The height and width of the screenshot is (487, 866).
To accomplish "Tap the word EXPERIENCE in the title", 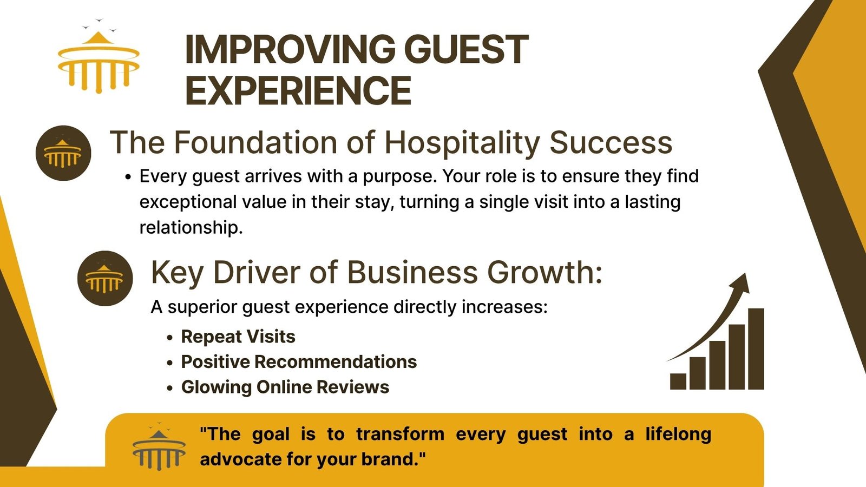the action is click(x=298, y=90).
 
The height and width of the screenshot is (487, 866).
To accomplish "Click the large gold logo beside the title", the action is click(x=99, y=56).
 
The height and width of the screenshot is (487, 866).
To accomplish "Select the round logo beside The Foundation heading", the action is click(x=63, y=153).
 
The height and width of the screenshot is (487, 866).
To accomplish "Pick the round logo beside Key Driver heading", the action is click(x=105, y=278).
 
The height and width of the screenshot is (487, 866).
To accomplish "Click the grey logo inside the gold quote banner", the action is click(x=159, y=446).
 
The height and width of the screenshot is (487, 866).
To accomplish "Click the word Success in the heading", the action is click(x=611, y=143).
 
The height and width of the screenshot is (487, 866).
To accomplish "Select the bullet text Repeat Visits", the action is click(x=238, y=337).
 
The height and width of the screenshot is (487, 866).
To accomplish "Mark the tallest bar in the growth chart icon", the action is click(x=756, y=348).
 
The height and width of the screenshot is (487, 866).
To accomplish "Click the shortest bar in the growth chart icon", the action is click(x=678, y=381).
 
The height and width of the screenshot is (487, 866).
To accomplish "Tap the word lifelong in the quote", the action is click(x=678, y=434).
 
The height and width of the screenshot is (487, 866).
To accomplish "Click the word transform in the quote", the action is click(x=400, y=434).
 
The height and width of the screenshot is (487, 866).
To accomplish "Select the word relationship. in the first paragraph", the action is click(x=191, y=227).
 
